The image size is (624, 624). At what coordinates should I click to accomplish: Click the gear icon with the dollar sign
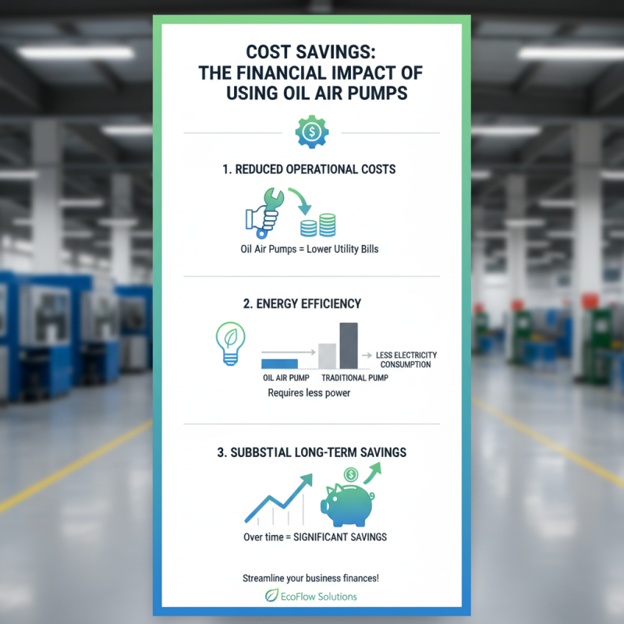pyautogui.click(x=311, y=133)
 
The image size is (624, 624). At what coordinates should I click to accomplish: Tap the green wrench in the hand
pyautogui.click(x=270, y=200)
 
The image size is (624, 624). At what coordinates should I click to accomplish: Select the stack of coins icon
pyautogui.click(x=318, y=226)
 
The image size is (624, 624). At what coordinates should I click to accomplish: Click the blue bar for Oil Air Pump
pyautogui.click(x=279, y=363)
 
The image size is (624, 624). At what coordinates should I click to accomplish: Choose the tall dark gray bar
pyautogui.click(x=349, y=346)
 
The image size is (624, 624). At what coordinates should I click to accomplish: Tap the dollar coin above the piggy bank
pyautogui.click(x=350, y=473)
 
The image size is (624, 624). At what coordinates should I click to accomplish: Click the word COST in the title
pyautogui.click(x=273, y=53)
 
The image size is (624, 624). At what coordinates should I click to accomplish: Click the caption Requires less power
pyautogui.click(x=309, y=393)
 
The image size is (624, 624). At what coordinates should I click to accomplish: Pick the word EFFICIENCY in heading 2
pyautogui.click(x=329, y=303)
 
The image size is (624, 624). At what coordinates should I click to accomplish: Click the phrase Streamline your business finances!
pyautogui.click(x=312, y=578)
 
